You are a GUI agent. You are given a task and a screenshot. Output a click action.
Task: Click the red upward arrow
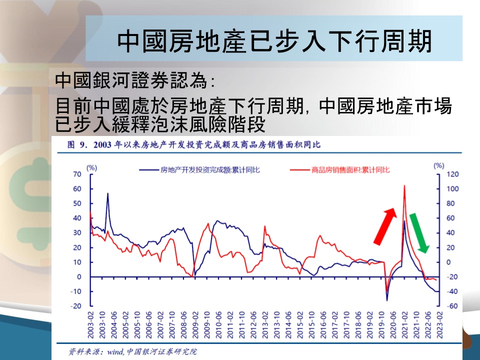385,226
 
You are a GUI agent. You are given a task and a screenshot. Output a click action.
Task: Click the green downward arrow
419,233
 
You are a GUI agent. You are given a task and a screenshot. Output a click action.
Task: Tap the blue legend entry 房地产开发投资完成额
199,170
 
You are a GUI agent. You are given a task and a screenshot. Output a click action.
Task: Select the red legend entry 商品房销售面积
340,170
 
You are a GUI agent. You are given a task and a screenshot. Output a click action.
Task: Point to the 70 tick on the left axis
77,174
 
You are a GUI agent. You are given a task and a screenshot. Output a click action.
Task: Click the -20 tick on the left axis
75,306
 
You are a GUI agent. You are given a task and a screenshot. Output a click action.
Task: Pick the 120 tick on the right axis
452,174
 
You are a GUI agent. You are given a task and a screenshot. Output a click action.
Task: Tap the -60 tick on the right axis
452,306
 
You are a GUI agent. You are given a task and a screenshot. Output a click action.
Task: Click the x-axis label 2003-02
90,325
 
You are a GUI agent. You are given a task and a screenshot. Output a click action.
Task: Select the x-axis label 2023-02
439,325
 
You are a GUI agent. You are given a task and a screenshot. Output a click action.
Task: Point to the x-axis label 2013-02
265,325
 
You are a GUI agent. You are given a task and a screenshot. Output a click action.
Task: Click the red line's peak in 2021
404,185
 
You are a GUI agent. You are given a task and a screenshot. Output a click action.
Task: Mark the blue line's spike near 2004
108,193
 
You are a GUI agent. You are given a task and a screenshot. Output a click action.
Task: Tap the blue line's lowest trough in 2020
387,300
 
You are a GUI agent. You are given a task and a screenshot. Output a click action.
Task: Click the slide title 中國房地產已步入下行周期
274,40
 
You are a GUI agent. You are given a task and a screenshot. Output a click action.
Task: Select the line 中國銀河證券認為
134,80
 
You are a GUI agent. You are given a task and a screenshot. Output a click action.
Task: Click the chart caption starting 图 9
194,144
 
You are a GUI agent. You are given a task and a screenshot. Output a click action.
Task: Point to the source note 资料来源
132,351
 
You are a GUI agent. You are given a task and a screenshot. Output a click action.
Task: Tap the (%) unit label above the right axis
438,165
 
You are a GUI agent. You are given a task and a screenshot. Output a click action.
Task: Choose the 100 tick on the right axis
452,189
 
